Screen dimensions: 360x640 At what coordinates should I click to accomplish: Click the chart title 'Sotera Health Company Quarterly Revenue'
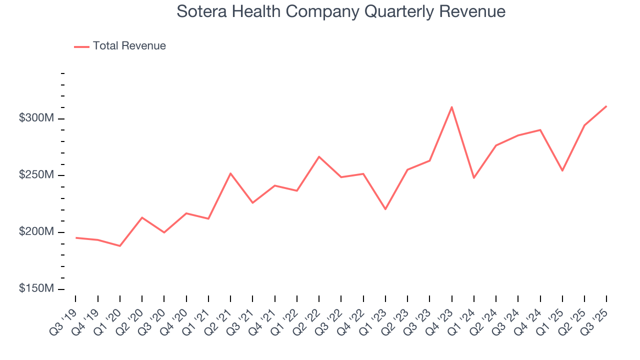[341, 11]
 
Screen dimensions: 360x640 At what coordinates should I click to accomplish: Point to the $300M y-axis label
[37, 118]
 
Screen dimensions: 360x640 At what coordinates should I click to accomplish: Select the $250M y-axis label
[37, 175]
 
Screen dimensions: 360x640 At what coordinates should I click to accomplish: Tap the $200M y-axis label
[37, 232]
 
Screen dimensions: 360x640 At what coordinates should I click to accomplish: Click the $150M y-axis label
[37, 289]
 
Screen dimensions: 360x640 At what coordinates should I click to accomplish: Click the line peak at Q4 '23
[451, 107]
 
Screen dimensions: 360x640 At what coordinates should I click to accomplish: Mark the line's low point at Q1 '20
[120, 246]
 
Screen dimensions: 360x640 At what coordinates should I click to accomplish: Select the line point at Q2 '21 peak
[230, 173]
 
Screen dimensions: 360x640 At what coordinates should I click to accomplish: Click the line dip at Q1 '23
[385, 209]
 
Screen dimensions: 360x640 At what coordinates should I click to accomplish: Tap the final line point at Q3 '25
[606, 106]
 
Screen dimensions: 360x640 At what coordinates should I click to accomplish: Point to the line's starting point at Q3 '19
[76, 238]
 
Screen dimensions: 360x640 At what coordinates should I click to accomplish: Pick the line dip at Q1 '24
[473, 178]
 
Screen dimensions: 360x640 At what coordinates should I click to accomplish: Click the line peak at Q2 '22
[319, 157]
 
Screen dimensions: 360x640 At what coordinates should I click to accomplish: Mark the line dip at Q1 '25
[562, 170]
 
